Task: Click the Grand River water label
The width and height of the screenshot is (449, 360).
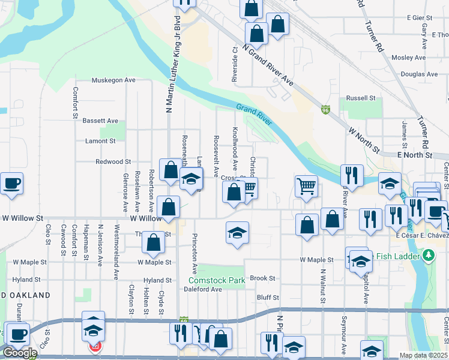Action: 255,116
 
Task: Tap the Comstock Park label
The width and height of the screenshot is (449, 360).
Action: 217,280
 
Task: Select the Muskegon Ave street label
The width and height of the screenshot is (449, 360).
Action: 113,80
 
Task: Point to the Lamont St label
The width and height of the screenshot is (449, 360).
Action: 100,141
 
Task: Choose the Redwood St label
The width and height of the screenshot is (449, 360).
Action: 113,162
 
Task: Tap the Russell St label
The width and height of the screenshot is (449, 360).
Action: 361,98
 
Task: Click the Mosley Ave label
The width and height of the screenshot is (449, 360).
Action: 408,58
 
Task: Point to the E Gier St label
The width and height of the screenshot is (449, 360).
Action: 420,18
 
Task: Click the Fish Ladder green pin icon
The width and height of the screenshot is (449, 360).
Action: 428,257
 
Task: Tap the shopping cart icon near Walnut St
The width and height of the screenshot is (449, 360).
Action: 306,187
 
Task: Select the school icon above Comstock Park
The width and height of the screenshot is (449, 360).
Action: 237,233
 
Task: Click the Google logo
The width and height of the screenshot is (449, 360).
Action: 20,352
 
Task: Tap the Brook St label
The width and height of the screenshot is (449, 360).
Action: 262,278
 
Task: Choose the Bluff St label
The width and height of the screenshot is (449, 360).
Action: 268,297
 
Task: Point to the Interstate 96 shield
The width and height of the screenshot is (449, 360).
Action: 325,110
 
